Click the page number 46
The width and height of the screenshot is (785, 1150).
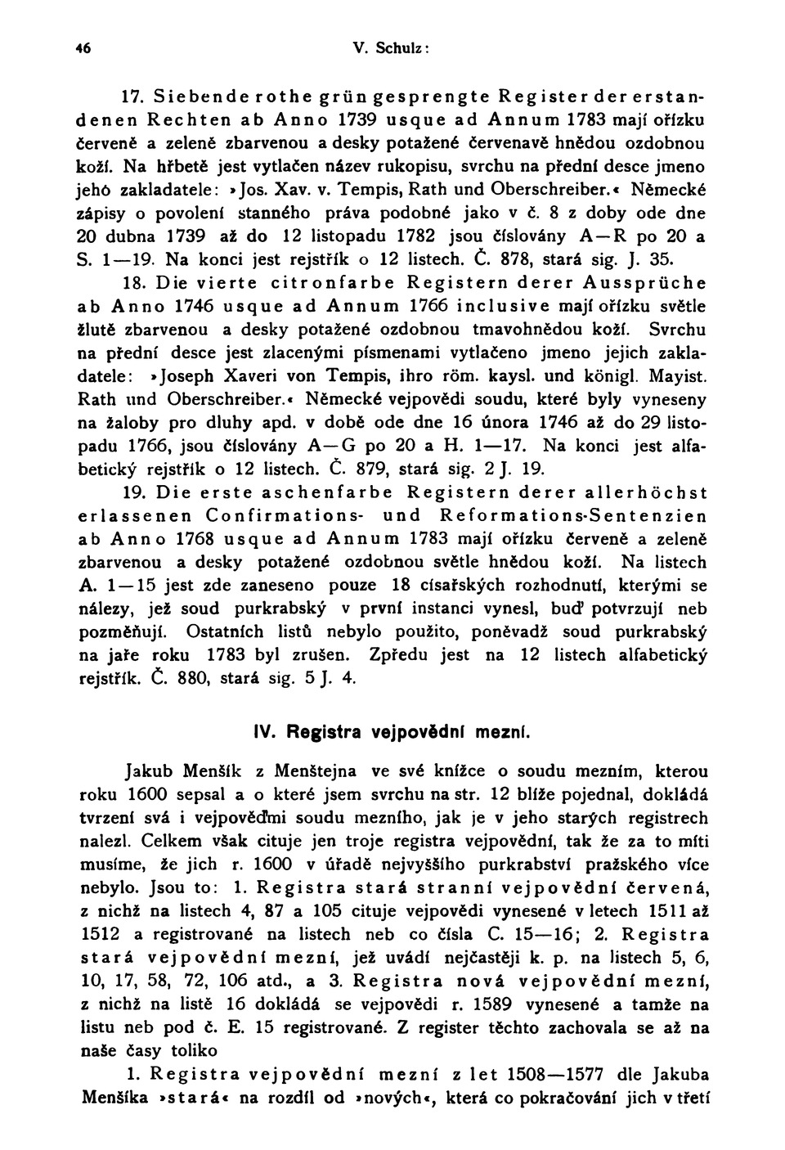point(85,48)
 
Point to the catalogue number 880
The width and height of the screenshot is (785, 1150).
point(181,678)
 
